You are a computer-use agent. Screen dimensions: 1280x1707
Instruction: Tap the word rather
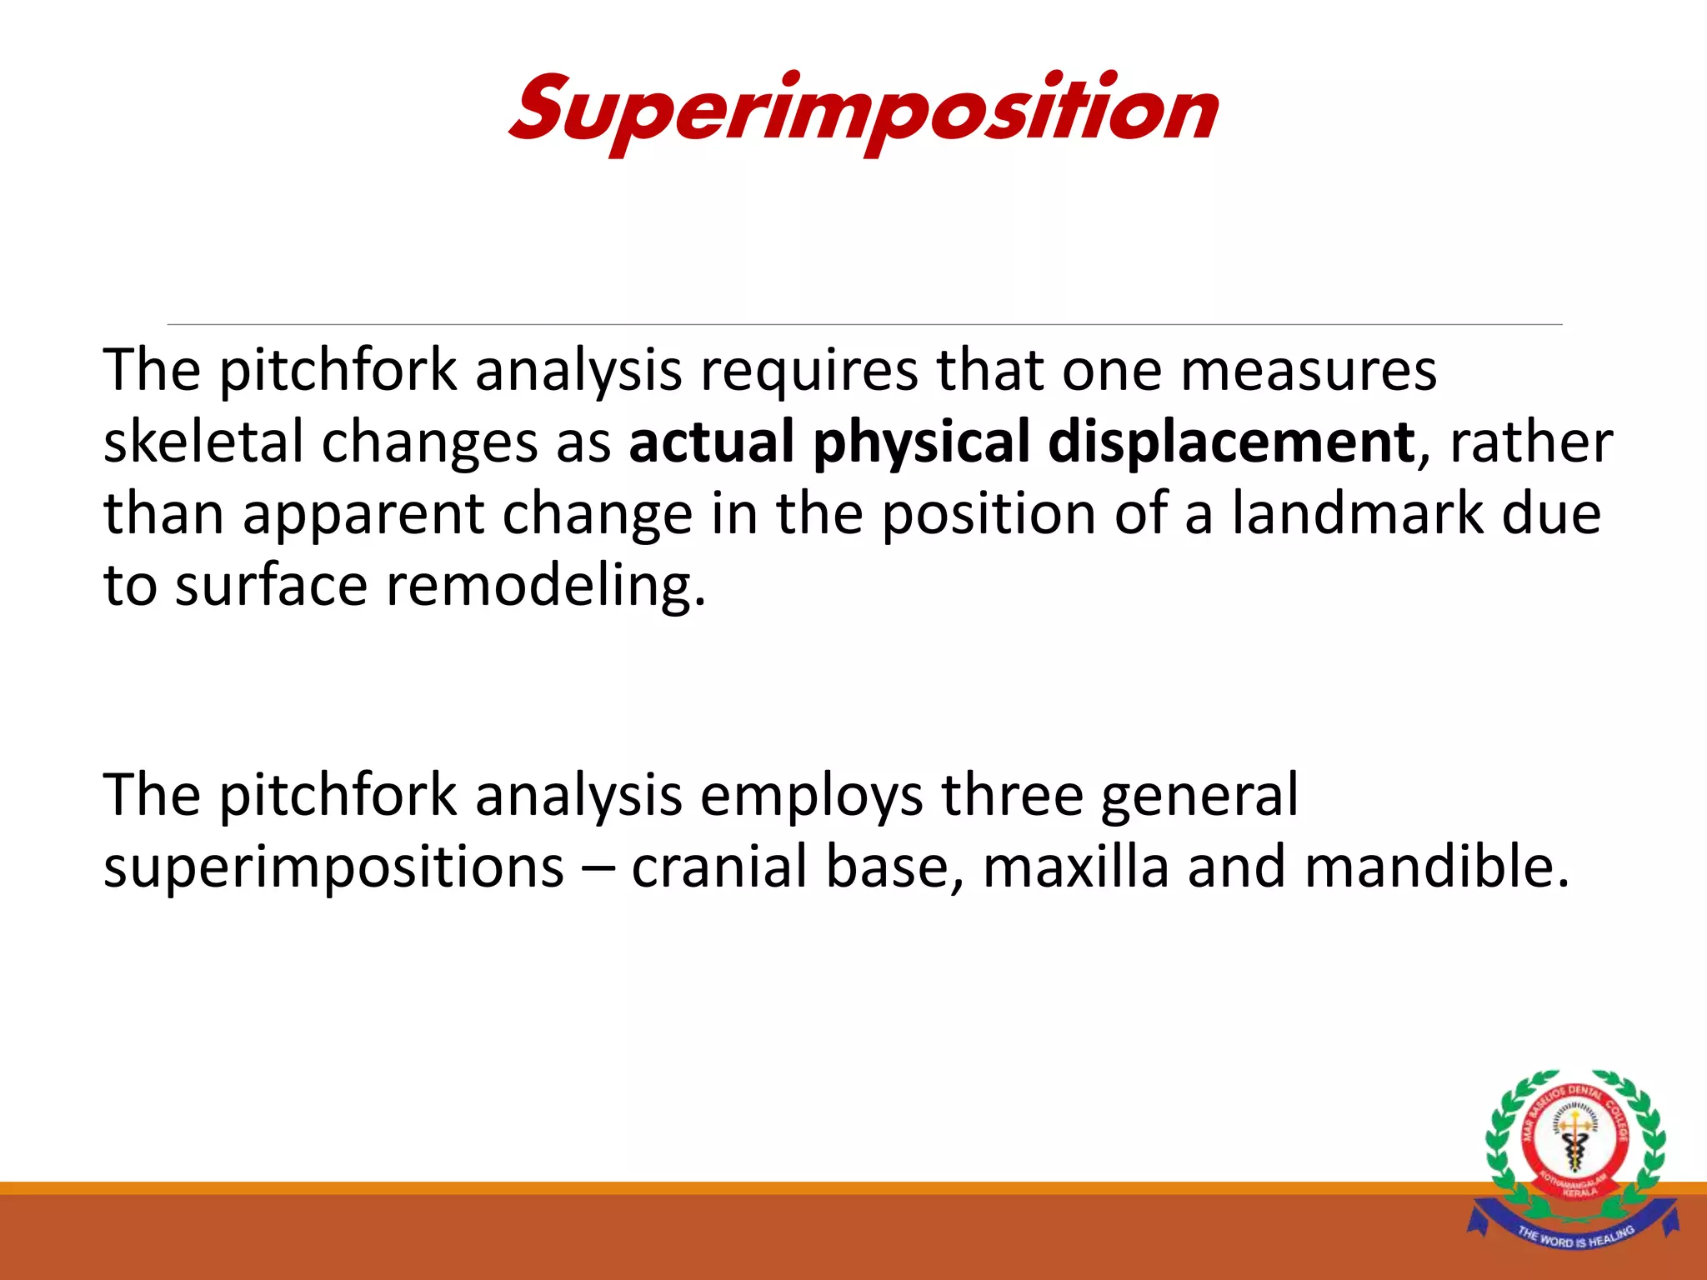tap(1531, 442)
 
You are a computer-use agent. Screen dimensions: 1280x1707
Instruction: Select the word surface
tap(271, 585)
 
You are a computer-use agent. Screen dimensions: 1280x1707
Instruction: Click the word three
tap(1011, 794)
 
